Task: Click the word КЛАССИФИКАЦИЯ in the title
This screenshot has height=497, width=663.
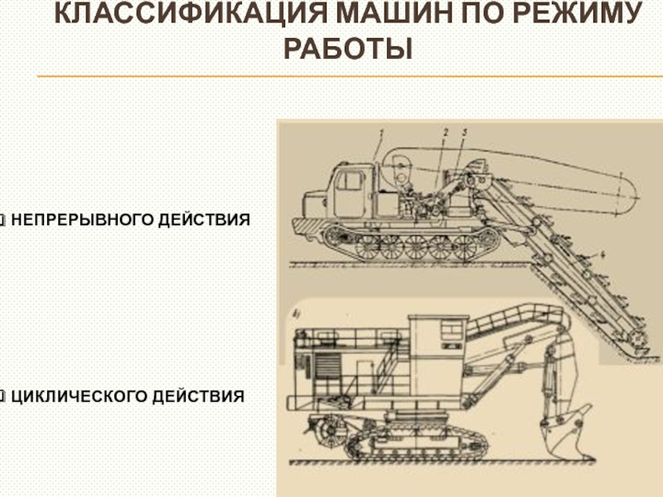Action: pyautogui.click(x=191, y=12)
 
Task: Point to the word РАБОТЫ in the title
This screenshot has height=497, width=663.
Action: pyautogui.click(x=348, y=49)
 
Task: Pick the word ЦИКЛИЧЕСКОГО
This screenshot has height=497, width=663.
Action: pyautogui.click(x=79, y=397)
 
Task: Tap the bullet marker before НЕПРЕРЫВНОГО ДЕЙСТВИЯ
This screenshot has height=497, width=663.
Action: pyautogui.click(x=2, y=220)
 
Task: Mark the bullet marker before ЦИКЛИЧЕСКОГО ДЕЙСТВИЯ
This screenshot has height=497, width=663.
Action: pyautogui.click(x=2, y=397)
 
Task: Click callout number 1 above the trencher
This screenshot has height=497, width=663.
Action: pyautogui.click(x=381, y=133)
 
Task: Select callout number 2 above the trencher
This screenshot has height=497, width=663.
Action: pyautogui.click(x=445, y=133)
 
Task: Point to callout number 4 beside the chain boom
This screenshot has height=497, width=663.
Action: pyautogui.click(x=603, y=254)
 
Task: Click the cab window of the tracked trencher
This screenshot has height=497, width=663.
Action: pyautogui.click(x=349, y=181)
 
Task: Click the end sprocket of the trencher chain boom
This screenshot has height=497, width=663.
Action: pyautogui.click(x=637, y=339)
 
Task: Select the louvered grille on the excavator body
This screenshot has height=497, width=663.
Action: pyautogui.click(x=327, y=367)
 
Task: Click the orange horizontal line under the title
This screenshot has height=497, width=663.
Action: pyautogui.click(x=350, y=76)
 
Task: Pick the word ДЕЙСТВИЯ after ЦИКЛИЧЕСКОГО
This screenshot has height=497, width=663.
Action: pyautogui.click(x=198, y=397)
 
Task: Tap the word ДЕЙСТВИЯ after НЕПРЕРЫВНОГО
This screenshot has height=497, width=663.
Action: pyautogui.click(x=204, y=220)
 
